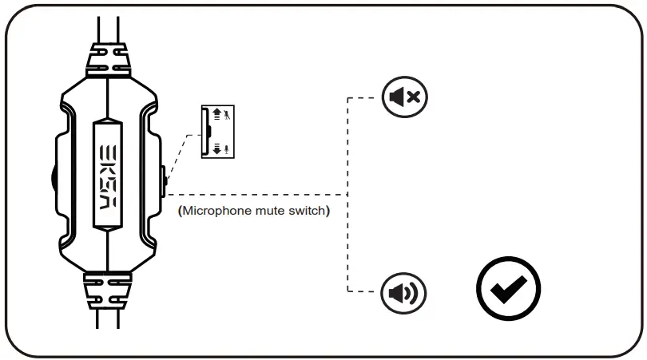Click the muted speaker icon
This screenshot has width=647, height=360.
pyautogui.click(x=405, y=98)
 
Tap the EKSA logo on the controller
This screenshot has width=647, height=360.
pyautogui.click(x=108, y=175)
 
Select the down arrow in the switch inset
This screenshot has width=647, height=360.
pyautogui.click(x=216, y=148)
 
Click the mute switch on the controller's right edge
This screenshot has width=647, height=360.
pyautogui.click(x=162, y=180)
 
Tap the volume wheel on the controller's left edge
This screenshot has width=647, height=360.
pyautogui.click(x=53, y=179)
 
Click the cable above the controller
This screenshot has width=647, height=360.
pyautogui.click(x=107, y=24)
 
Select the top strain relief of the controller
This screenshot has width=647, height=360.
pyautogui.click(x=107, y=57)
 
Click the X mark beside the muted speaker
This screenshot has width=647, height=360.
pyautogui.click(x=414, y=98)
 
